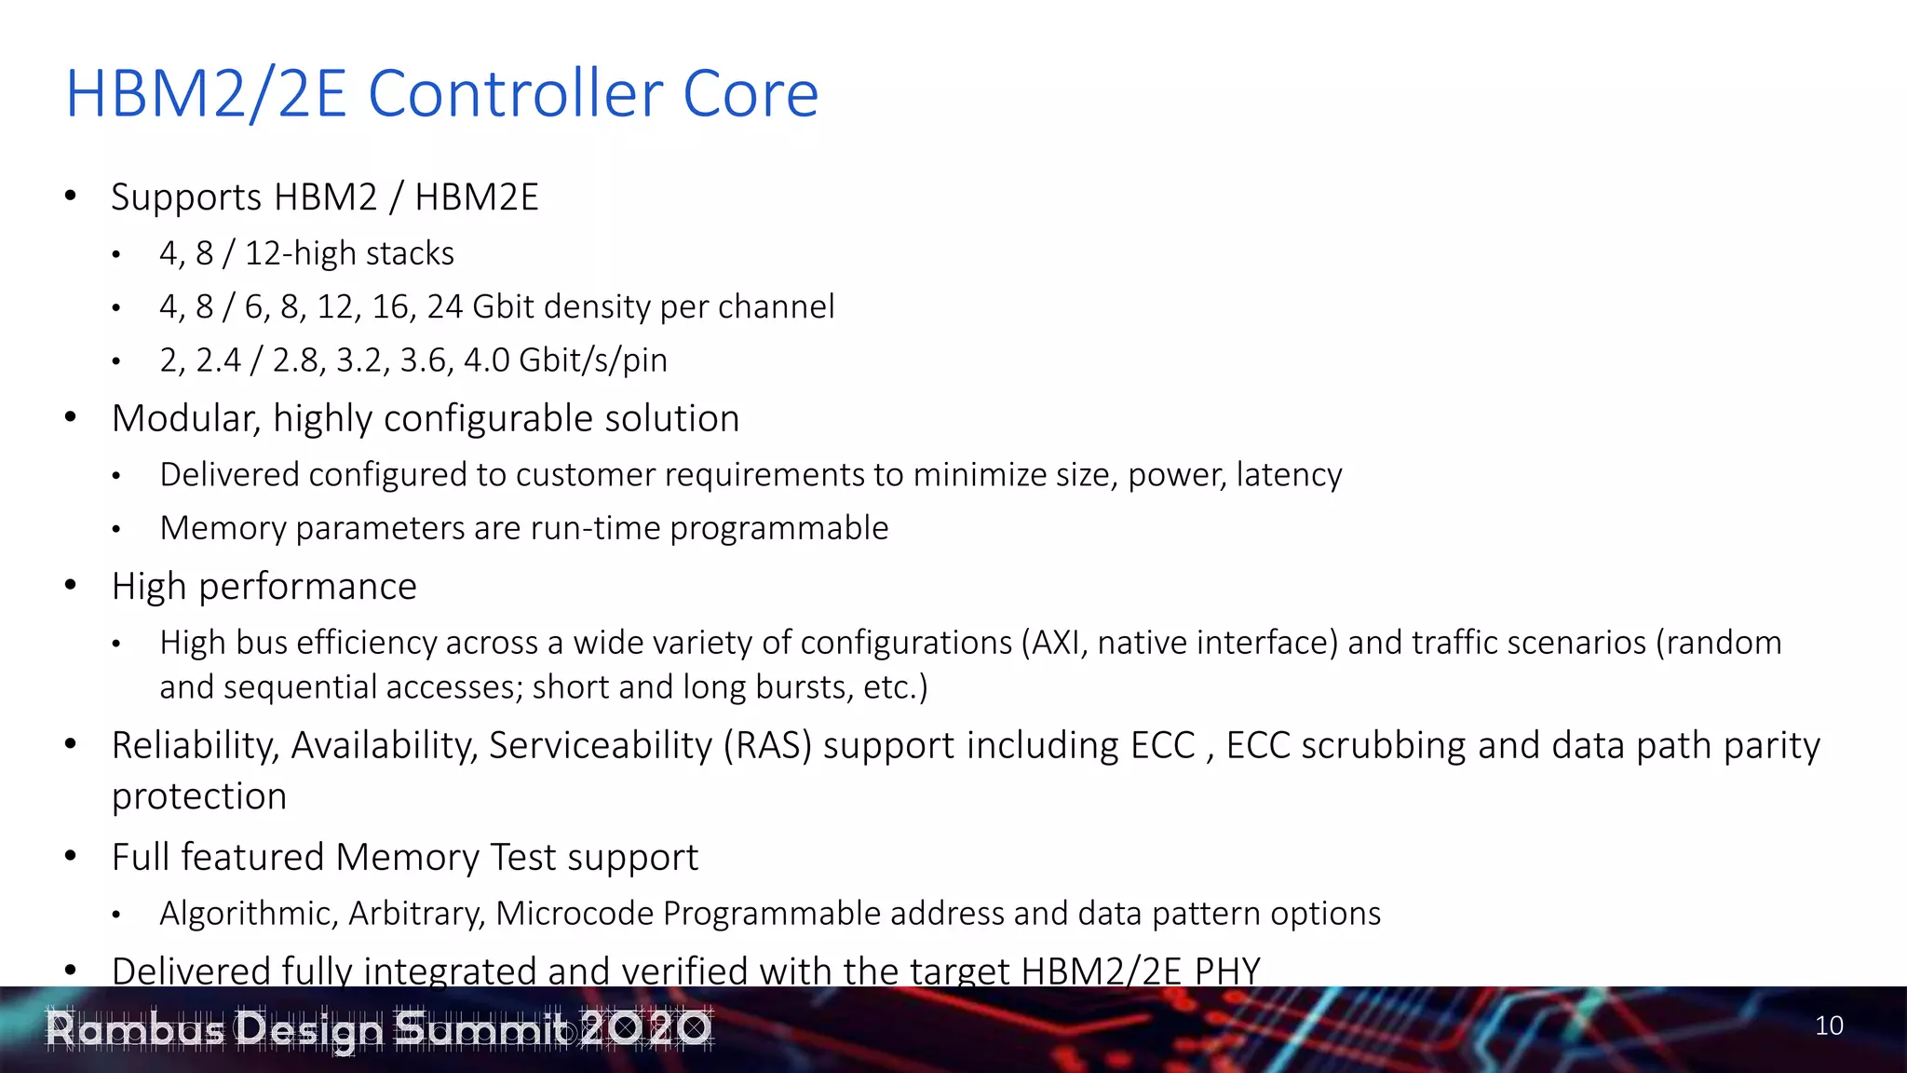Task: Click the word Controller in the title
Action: coord(517,94)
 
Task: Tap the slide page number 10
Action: coord(1829,1025)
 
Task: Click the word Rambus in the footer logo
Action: coord(136,1029)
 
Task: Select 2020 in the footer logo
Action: coord(646,1028)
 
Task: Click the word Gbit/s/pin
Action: coord(592,360)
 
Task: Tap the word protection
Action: coord(198,796)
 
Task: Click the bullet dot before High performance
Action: coord(71,586)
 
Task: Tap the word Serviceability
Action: coord(601,746)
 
